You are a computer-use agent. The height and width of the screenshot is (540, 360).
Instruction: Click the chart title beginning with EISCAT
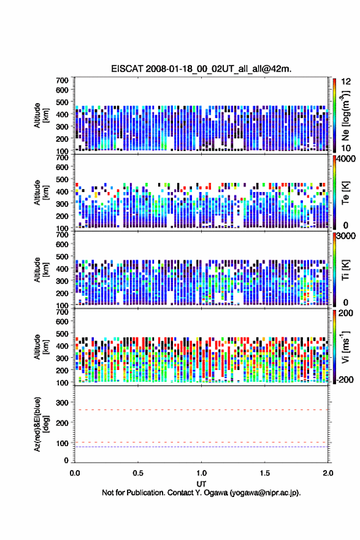coord(201,69)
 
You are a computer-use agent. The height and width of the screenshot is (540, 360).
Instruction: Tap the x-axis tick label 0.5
coord(138,473)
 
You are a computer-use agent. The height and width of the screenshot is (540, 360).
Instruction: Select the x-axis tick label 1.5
coord(265,473)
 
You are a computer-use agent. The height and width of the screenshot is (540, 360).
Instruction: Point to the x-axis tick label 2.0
coord(328,473)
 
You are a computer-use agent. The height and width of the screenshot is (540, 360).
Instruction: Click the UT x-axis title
coord(201,484)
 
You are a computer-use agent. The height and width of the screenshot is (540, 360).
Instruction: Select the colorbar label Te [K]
coord(345,193)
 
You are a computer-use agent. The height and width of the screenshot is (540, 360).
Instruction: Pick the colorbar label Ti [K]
coord(345,270)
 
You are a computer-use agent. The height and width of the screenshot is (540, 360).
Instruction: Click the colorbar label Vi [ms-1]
coord(345,347)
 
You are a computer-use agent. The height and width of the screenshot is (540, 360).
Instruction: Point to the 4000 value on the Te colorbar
coord(346,159)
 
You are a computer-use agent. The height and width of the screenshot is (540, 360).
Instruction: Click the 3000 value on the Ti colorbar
coord(346,236)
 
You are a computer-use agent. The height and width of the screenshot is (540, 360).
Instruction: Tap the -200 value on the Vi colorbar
coord(345,380)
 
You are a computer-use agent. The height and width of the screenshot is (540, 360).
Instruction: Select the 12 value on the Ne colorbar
coord(346,82)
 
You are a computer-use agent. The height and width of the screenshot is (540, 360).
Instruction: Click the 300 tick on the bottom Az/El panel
coord(63,403)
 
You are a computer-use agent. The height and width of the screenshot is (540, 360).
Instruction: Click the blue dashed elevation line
coord(201,447)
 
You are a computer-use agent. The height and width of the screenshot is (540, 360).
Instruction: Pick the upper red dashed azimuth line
coord(201,410)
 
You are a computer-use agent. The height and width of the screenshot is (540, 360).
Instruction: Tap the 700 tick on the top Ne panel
coord(63,80)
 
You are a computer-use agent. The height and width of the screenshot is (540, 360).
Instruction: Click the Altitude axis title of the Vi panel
coord(41,347)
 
